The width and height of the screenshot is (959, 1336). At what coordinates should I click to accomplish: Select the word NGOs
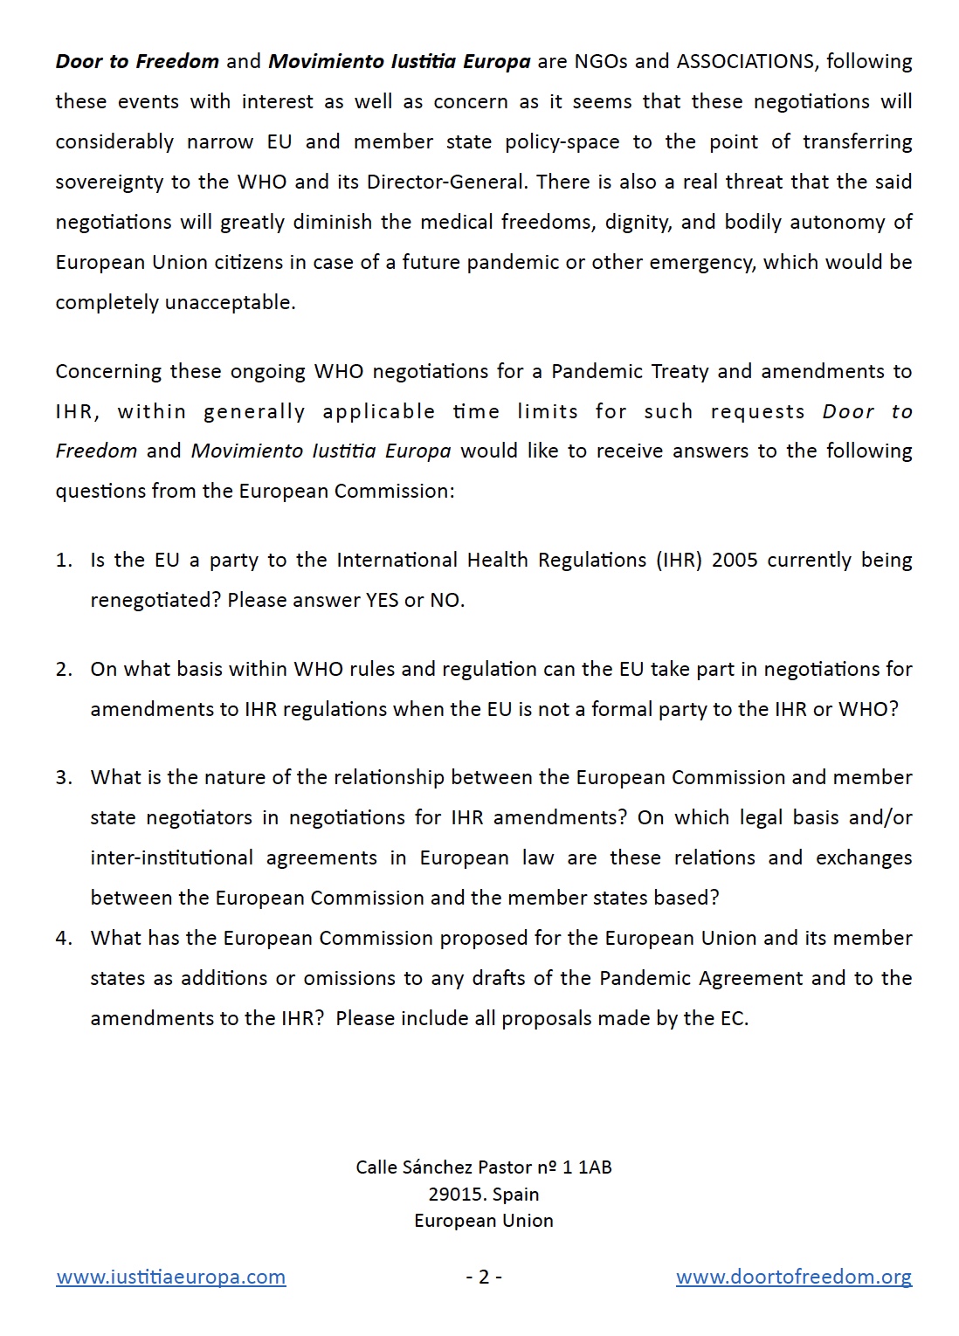(x=601, y=61)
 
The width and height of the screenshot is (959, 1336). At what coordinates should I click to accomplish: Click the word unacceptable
(x=239, y=302)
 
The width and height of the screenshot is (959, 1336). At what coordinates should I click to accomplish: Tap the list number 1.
(x=63, y=560)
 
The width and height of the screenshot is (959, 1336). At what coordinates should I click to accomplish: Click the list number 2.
(x=63, y=669)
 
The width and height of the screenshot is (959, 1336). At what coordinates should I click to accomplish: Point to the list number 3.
(x=63, y=777)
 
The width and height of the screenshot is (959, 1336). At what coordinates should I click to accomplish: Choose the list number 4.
(x=63, y=938)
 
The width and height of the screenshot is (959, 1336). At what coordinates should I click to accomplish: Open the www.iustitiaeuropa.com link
(x=171, y=1277)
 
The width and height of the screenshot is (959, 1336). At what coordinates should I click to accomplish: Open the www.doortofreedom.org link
(x=794, y=1277)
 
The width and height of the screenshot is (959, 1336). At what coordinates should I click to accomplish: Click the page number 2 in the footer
(x=484, y=1277)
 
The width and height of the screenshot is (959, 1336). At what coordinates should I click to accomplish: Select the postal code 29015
(x=455, y=1194)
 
